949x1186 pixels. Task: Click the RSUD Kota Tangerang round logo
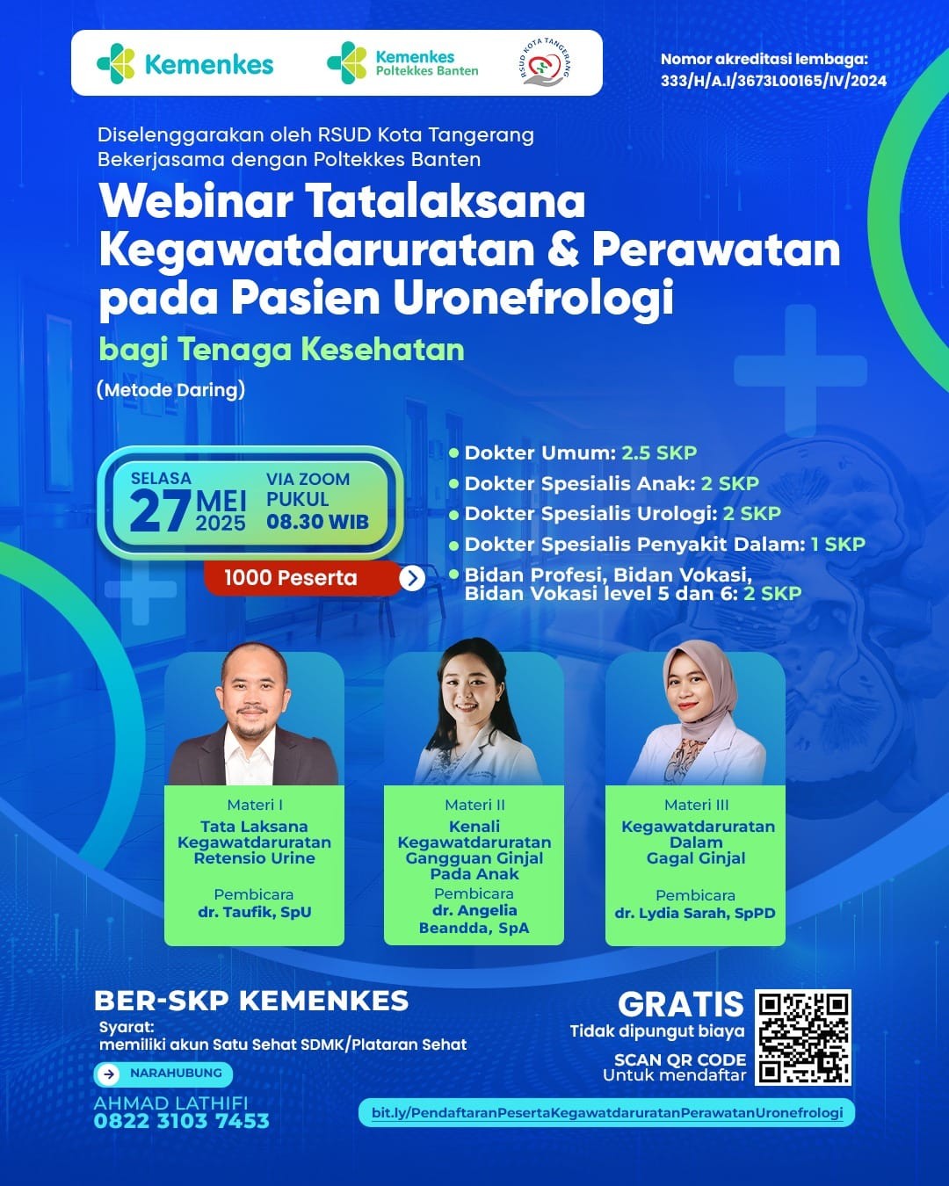tap(547, 62)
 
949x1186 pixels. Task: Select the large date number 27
tap(161, 511)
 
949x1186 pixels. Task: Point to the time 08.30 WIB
tap(317, 521)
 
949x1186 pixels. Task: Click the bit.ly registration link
tap(607, 1112)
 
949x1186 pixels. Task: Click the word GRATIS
tap(681, 1003)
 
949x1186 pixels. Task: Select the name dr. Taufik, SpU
tap(255, 912)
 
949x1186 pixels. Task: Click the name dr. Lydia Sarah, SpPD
tap(695, 913)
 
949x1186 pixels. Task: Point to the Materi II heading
tap(474, 806)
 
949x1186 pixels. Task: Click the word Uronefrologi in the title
tap(533, 298)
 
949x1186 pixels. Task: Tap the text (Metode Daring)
tap(171, 390)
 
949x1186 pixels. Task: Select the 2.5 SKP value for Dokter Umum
tap(660, 453)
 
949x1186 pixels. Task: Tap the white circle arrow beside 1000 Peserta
tap(412, 578)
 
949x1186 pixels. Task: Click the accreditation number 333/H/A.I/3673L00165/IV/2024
tap(773, 81)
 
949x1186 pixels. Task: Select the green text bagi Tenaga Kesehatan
tap(282, 350)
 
